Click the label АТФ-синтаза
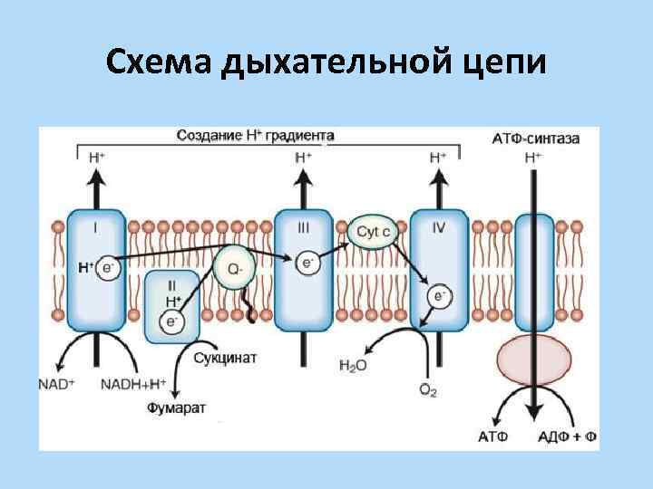click(536, 139)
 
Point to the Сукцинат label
click(226, 358)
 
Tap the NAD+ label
click(57, 383)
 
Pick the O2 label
click(428, 389)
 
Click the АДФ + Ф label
click(567, 437)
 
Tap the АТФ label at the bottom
click(493, 437)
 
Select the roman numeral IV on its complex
click(439, 220)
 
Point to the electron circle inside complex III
click(307, 263)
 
